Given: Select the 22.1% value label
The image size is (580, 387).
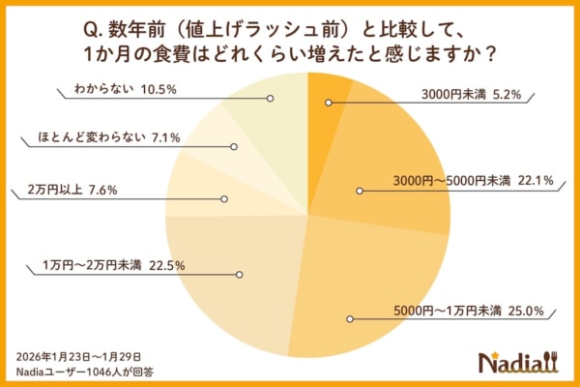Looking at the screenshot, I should coord(536,180).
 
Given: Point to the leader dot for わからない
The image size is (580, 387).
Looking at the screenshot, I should coord(271,98).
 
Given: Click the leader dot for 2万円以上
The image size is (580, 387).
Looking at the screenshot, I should coord(224,199).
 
